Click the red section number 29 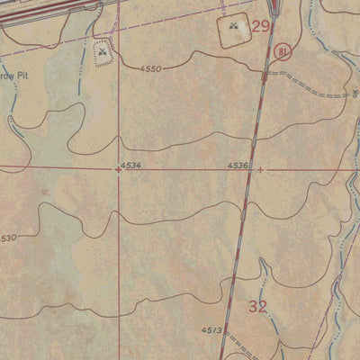(x=260, y=27)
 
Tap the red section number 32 (x=258, y=307)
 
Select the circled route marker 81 (x=283, y=51)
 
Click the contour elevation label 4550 (x=153, y=68)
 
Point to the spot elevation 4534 (x=131, y=166)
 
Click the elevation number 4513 (x=211, y=330)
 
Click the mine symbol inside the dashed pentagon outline (x=102, y=53)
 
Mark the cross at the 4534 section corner (x=117, y=169)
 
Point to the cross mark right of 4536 (x=261, y=168)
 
